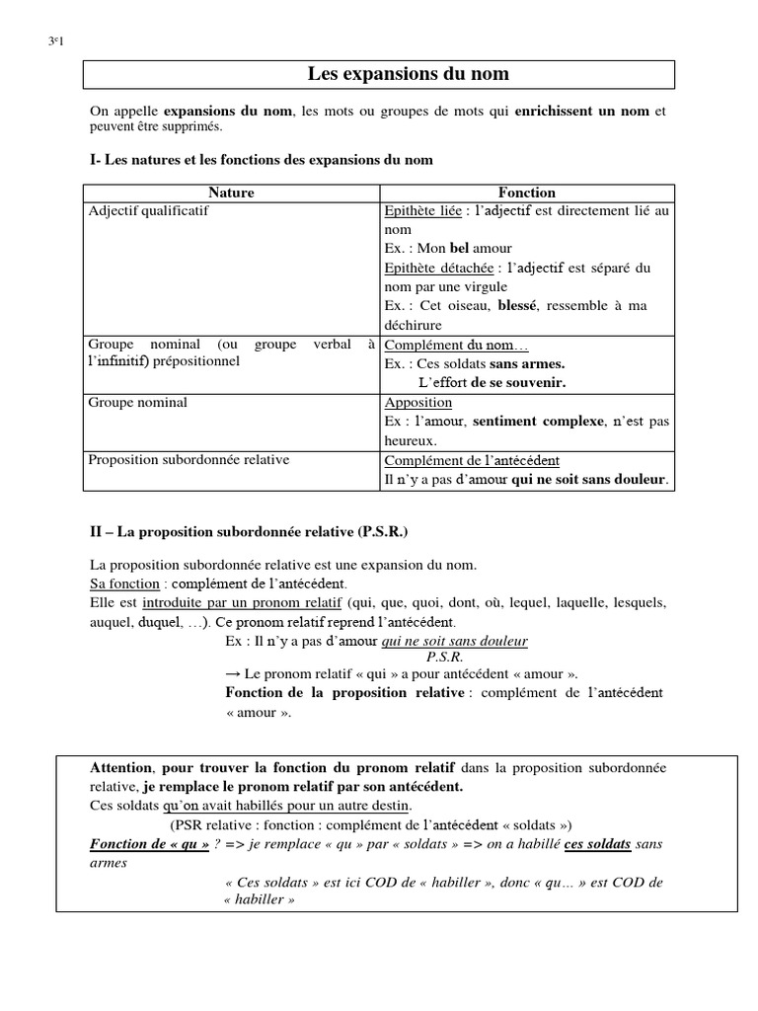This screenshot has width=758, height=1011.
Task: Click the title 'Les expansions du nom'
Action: (409, 74)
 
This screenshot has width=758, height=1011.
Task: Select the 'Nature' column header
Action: (231, 193)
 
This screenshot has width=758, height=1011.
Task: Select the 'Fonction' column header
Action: (527, 193)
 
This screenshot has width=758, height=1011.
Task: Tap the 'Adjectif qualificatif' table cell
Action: (148, 210)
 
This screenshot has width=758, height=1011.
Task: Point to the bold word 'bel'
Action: (460, 248)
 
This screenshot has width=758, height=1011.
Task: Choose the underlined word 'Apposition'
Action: (417, 403)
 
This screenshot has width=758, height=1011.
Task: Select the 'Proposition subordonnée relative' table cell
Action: (189, 460)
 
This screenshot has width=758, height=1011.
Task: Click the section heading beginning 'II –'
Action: (249, 532)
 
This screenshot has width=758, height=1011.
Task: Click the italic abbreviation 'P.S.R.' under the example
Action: (445, 656)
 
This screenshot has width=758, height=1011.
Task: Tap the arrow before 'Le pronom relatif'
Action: (233, 674)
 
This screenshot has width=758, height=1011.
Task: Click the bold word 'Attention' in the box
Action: (121, 767)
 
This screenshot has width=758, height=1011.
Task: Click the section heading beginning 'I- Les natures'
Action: (262, 159)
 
